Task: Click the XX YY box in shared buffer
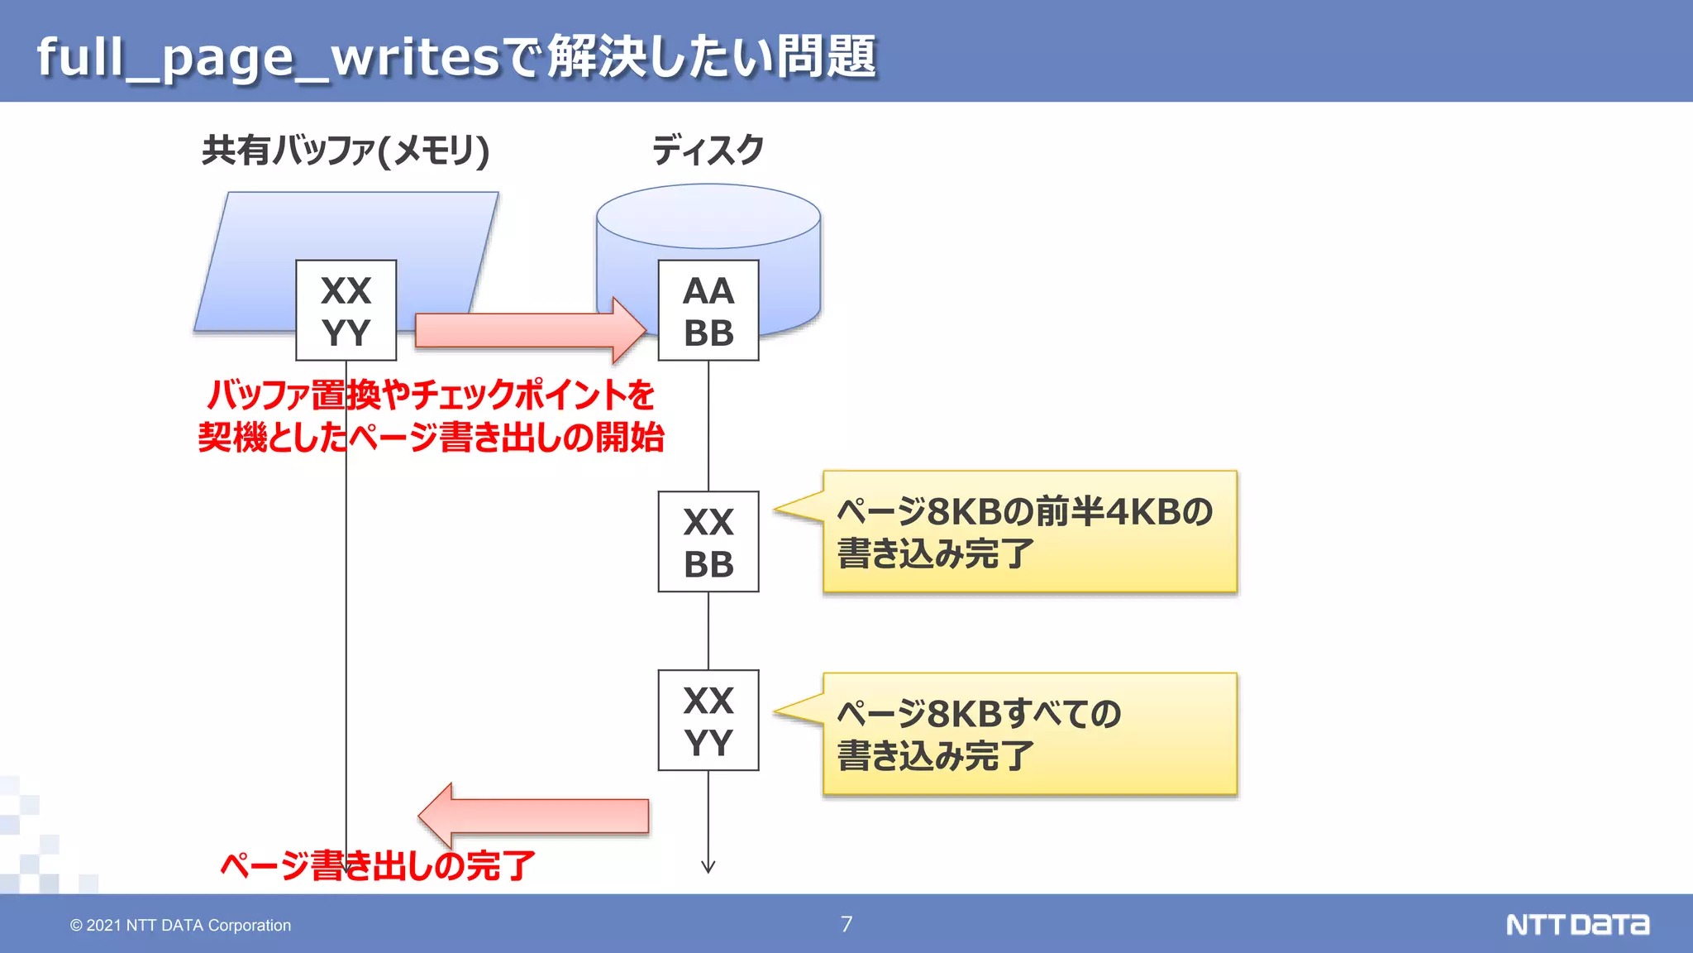pyautogui.click(x=346, y=310)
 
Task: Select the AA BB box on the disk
pyautogui.click(x=708, y=310)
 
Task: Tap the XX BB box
pyautogui.click(x=708, y=542)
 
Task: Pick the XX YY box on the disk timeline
pyautogui.click(x=708, y=721)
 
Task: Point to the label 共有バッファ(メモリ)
pyautogui.click(x=346, y=151)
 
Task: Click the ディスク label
pyautogui.click(x=708, y=151)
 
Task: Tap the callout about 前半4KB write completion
pyautogui.click(x=1029, y=532)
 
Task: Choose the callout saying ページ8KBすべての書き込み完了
pyautogui.click(x=1029, y=734)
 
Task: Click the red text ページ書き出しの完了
pyautogui.click(x=378, y=866)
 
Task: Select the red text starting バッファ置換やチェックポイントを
pyautogui.click(x=431, y=395)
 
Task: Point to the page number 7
pyautogui.click(x=846, y=924)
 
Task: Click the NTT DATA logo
pyautogui.click(x=1577, y=924)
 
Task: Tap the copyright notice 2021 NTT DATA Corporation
pyautogui.click(x=180, y=925)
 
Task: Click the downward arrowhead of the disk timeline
pyautogui.click(x=708, y=866)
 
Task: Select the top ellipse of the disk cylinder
pyautogui.click(x=708, y=216)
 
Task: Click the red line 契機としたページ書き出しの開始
pyautogui.click(x=431, y=438)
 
